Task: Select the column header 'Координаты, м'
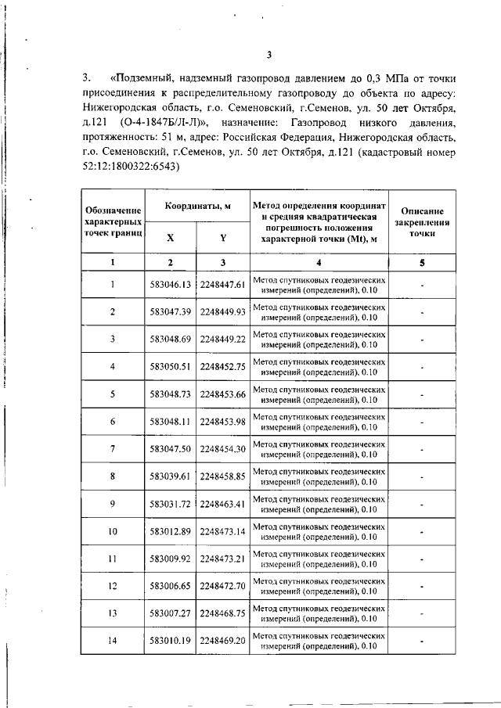pos(197,206)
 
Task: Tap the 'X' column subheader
pos(171,237)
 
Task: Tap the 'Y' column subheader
pos(223,237)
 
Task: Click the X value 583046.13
pos(171,285)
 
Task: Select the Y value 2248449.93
pos(223,312)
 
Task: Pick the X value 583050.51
pos(171,367)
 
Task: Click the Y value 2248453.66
pos(223,394)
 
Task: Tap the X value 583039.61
pos(171,476)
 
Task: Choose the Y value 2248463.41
pos(223,504)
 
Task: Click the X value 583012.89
pos(171,532)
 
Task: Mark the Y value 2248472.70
pos(223,586)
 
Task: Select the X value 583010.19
pos(171,641)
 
